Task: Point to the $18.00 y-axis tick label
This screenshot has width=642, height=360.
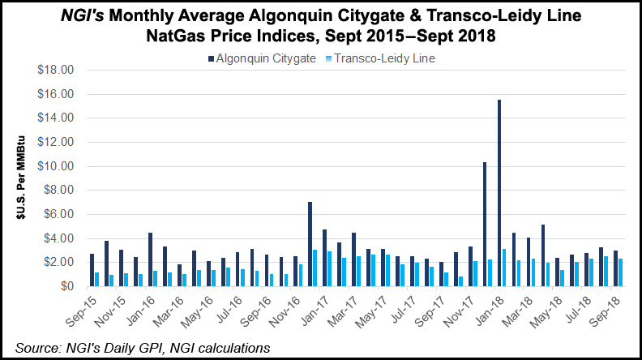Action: click(x=56, y=70)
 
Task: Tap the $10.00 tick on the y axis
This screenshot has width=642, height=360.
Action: click(x=56, y=166)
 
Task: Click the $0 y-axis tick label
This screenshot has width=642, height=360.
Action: click(x=66, y=286)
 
